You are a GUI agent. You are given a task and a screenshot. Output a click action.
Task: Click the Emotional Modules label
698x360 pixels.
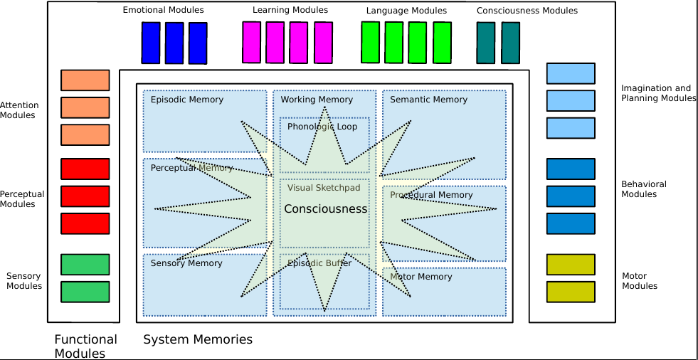tap(163, 10)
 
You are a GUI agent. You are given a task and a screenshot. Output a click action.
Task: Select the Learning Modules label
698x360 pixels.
tap(290, 10)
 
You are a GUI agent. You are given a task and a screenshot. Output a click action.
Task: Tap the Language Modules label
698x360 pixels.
tap(406, 11)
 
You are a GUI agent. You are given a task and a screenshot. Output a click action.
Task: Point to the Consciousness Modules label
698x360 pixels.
tap(527, 11)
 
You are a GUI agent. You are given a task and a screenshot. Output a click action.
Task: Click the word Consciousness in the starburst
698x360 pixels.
tap(325, 209)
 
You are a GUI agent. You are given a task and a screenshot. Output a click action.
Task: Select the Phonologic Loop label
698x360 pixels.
tap(322, 127)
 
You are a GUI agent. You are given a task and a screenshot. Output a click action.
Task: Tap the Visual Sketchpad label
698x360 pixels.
tap(324, 188)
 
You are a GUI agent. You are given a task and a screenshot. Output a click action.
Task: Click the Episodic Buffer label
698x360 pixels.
tap(319, 263)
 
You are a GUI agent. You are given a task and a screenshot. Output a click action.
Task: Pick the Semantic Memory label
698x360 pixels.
tap(428, 100)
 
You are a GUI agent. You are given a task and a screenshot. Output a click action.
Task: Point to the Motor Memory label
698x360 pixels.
tap(421, 277)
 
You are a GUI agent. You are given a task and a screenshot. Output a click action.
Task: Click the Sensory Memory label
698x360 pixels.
tap(186, 263)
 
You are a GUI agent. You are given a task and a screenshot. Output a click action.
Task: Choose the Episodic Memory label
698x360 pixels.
tap(186, 100)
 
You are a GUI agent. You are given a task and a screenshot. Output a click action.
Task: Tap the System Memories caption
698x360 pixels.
tap(198, 340)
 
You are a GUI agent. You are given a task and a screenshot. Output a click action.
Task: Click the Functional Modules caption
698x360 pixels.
tap(85, 346)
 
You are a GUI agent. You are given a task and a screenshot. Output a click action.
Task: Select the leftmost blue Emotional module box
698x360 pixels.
tap(151, 43)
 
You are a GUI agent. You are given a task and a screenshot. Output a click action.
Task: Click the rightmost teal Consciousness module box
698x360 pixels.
tap(510, 43)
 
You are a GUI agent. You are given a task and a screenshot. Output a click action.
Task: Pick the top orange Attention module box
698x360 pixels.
tap(85, 80)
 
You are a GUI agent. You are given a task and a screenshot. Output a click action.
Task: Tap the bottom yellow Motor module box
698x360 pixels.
tap(571, 292)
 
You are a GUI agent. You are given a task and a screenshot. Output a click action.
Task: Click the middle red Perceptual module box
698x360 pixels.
tap(85, 196)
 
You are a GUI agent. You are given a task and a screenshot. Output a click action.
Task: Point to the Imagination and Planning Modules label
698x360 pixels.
tap(658, 93)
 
